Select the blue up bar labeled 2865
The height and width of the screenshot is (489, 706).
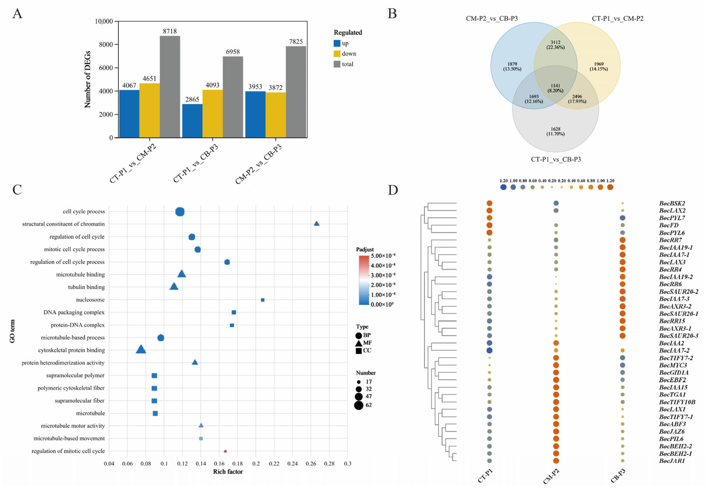[x=192, y=121]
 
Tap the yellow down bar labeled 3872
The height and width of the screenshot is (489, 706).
[x=275, y=115]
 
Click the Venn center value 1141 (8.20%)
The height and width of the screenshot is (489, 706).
[x=555, y=88]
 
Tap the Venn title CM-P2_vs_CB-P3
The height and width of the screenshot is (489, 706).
[x=492, y=18]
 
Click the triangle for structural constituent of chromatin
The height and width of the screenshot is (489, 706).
[x=316, y=224]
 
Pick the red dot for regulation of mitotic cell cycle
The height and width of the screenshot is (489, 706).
[x=225, y=451]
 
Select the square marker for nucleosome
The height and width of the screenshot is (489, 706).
[x=263, y=300]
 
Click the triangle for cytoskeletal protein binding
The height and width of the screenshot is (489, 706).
[x=141, y=349]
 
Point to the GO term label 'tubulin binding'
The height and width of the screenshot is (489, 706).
[x=86, y=287]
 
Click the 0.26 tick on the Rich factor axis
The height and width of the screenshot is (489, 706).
[x=311, y=464]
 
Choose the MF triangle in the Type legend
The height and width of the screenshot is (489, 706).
[x=358, y=343]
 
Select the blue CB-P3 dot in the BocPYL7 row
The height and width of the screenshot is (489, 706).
[x=622, y=218]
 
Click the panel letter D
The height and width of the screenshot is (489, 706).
[x=393, y=190]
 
